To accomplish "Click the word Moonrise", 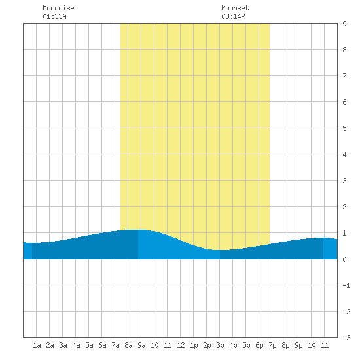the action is coord(58,8).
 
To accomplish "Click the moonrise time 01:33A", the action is coord(54,16).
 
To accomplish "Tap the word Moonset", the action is coord(235,8).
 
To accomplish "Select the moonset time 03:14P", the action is coord(233,16).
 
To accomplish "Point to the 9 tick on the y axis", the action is coord(344,24).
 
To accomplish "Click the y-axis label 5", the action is coord(344,128).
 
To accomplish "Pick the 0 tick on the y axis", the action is coord(344,259).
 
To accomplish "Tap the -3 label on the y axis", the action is coord(346,338).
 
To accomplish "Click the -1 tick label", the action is coord(346,285).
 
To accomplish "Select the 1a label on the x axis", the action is coord(37,345).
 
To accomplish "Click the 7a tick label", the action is coord(115,345).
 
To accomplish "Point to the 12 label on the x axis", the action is coord(181,345).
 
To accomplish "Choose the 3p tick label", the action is coord(220,345).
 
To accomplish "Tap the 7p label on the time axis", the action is coord(272,345).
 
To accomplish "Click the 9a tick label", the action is coord(141,345).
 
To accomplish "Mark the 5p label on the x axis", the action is coord(246,345).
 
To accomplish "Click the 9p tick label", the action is coord(298,345).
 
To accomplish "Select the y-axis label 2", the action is coord(344,207).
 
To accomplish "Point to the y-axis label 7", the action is coord(344,76).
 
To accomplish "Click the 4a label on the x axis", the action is coord(76,345).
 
